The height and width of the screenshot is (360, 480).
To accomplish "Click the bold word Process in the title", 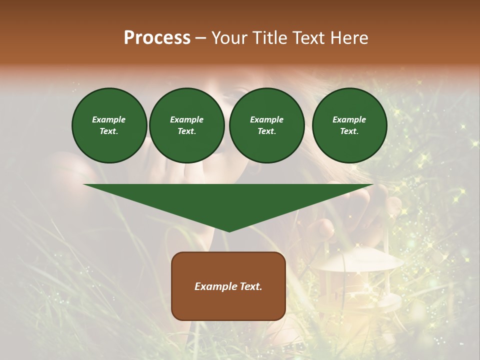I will click(x=157, y=38).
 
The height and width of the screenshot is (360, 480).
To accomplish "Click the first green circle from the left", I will click(x=109, y=125).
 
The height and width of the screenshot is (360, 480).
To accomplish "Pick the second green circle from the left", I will click(x=186, y=125).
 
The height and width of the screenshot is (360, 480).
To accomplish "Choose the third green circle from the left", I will click(x=266, y=125).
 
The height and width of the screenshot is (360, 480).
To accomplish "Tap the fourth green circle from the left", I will click(x=349, y=125).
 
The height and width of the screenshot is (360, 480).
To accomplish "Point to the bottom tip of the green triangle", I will click(x=229, y=231).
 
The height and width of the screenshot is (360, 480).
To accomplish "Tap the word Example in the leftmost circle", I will click(x=109, y=120).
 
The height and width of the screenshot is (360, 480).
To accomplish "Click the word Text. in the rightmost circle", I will click(x=349, y=131).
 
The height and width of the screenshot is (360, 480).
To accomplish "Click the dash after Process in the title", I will click(x=200, y=38).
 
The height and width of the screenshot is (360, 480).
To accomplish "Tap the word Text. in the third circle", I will click(x=266, y=131).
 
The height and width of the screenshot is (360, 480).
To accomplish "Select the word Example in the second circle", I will click(x=186, y=120).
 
